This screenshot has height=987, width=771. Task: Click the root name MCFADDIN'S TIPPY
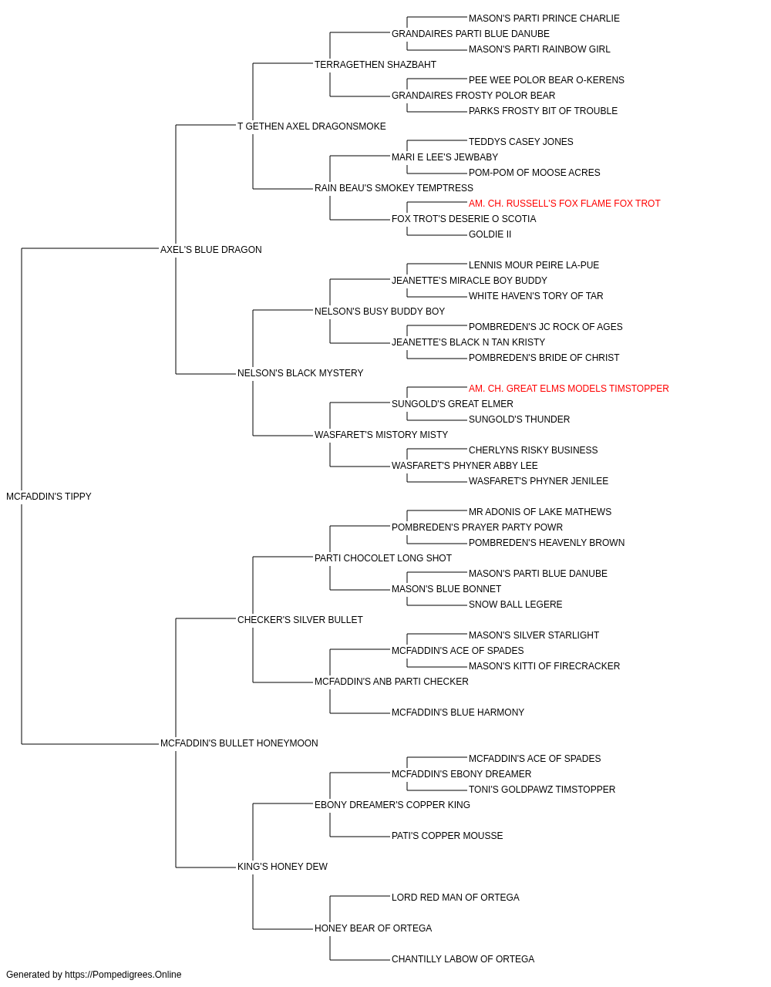(x=49, y=497)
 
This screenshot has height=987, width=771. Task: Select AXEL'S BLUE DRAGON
(x=210, y=250)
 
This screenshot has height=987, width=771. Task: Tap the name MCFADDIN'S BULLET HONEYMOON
(x=239, y=743)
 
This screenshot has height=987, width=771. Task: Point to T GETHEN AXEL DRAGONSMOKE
(x=311, y=126)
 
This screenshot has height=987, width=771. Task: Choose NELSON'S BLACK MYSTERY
(x=300, y=373)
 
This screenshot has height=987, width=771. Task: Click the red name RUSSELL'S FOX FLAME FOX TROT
(x=564, y=204)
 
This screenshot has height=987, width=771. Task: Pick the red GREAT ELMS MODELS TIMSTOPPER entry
(x=568, y=389)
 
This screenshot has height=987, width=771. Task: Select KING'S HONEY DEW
(x=282, y=867)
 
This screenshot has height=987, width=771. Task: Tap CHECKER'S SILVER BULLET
(x=300, y=620)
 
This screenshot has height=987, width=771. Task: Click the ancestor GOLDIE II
(x=490, y=234)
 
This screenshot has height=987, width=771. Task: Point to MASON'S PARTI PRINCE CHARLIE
(x=544, y=19)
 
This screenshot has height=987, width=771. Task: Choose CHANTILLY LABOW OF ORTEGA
(x=463, y=958)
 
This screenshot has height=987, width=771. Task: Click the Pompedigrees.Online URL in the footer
(x=123, y=975)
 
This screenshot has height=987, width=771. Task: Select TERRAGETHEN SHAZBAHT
(x=375, y=65)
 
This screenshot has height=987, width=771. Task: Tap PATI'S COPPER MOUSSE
(x=447, y=836)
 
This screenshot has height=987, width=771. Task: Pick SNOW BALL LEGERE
(x=515, y=605)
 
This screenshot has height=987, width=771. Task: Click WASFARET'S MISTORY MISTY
(x=381, y=435)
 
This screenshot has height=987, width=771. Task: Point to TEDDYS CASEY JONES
(x=521, y=142)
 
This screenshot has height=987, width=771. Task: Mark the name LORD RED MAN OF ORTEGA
(x=455, y=898)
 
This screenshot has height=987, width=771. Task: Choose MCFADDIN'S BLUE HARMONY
(x=458, y=712)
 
